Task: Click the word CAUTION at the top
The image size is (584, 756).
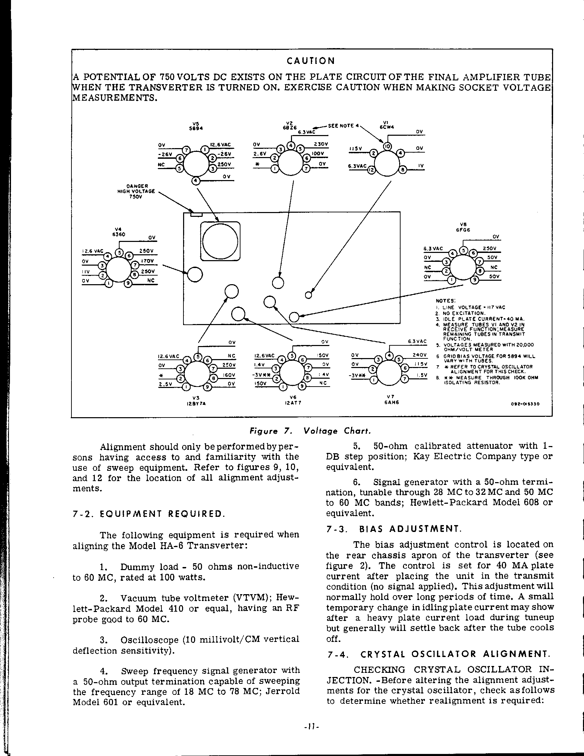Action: pyautogui.click(x=311, y=61)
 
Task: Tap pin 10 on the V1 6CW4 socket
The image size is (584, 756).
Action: pyautogui.click(x=387, y=146)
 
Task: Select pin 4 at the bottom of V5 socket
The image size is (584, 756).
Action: pyautogui.click(x=196, y=181)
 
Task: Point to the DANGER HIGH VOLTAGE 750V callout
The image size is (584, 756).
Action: pyautogui.click(x=137, y=191)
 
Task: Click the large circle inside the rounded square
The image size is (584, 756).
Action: pyautogui.click(x=221, y=241)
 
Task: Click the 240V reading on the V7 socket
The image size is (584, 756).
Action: pyautogui.click(x=420, y=355)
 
